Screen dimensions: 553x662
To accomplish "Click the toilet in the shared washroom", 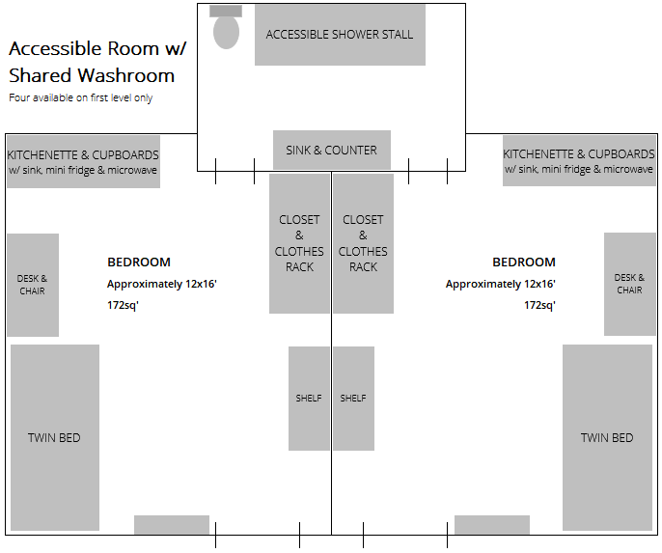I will [226, 28].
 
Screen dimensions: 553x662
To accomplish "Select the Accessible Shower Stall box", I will [340, 35].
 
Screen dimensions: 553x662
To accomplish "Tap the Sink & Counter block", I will [331, 151].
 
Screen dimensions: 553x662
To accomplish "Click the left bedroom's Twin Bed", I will [54, 437].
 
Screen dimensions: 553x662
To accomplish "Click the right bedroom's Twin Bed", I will [607, 437].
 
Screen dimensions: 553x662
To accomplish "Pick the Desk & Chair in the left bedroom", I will [33, 285].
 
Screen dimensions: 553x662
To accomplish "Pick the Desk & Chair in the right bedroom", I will [629, 285].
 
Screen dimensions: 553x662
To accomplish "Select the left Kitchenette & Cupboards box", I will [83, 161].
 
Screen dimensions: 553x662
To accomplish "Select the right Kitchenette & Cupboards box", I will [579, 161].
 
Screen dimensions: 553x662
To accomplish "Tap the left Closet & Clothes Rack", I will [299, 243].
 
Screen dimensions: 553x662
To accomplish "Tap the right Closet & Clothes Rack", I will [363, 243].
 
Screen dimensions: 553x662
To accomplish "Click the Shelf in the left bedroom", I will [309, 399].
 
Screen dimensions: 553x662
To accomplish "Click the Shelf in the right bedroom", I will [353, 399].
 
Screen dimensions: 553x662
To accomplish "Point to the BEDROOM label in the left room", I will [139, 263].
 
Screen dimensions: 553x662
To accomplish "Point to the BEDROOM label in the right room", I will [524, 263].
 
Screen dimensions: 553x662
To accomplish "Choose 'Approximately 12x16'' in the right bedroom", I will [500, 285].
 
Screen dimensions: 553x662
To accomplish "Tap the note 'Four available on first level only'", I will [80, 98].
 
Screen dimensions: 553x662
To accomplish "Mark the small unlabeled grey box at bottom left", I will [172, 525].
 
